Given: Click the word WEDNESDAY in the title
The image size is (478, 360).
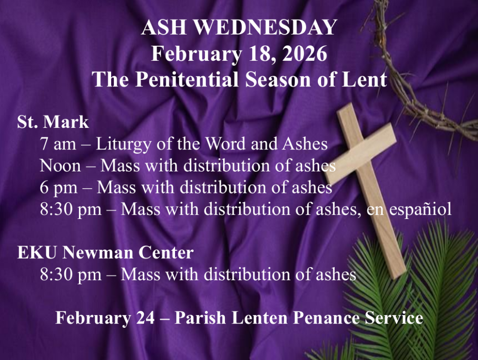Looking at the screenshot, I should [265, 28].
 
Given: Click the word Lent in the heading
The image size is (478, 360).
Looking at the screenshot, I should [369, 79].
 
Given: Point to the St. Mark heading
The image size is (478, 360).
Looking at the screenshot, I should [53, 122].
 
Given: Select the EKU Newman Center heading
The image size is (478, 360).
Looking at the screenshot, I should [105, 253].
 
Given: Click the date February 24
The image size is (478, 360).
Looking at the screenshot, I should [105, 318].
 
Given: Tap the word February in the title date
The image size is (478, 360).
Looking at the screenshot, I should [196, 54].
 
